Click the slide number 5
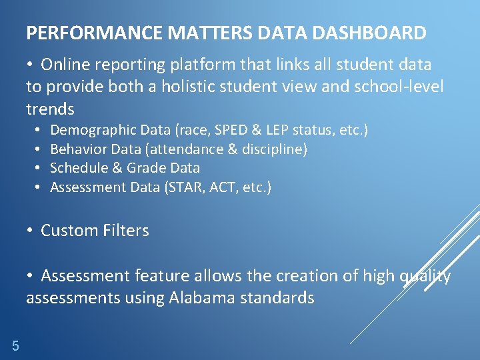(15, 345)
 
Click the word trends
(50, 109)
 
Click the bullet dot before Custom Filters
(31, 231)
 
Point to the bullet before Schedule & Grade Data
(38, 168)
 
